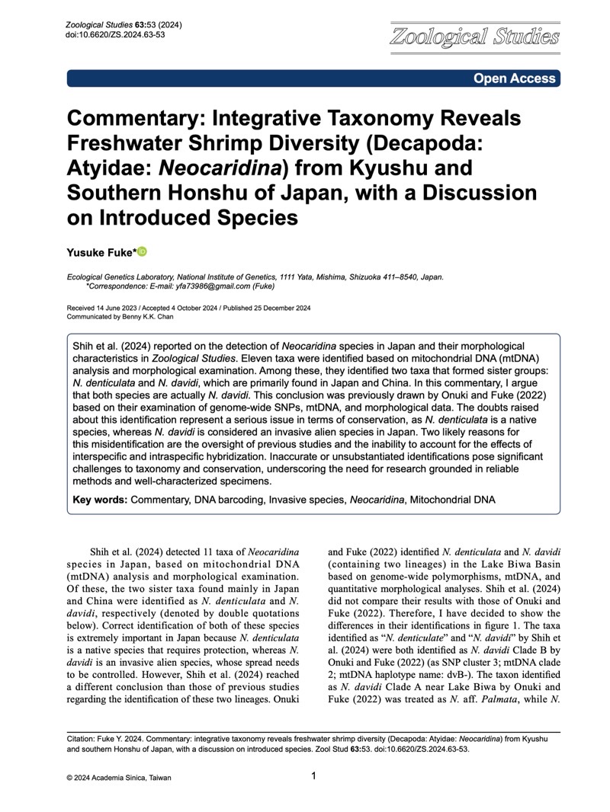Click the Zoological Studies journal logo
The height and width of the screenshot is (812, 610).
click(474, 37)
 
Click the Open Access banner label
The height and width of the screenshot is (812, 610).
click(515, 78)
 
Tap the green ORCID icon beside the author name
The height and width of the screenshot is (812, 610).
click(142, 252)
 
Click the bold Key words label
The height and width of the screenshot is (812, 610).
click(100, 500)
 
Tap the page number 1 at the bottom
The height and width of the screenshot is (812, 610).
click(314, 776)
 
